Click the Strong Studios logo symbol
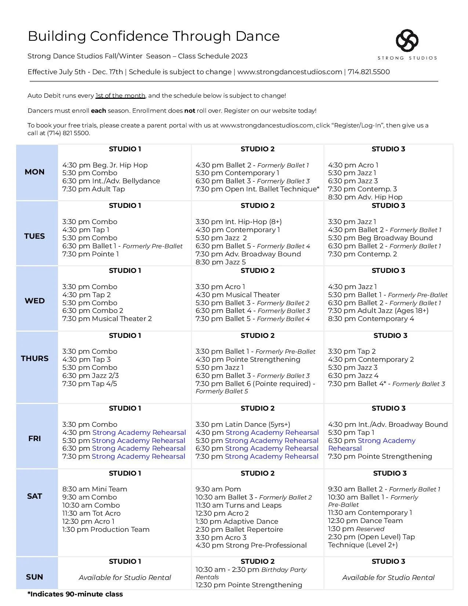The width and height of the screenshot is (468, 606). [407, 40]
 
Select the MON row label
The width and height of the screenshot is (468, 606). [35, 172]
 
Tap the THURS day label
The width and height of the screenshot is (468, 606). [35, 358]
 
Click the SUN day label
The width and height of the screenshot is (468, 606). [35, 577]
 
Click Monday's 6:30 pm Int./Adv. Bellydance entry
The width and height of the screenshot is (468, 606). [111, 181]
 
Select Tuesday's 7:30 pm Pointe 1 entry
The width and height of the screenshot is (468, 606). [91, 254]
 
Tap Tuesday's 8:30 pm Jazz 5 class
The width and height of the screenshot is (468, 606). [221, 262]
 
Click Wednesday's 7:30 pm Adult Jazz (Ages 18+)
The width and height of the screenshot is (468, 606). [378, 311]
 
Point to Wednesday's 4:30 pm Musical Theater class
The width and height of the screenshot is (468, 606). [237, 295]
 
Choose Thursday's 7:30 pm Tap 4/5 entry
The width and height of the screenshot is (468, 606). [90, 384]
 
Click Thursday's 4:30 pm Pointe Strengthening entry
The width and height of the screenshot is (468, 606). [248, 360]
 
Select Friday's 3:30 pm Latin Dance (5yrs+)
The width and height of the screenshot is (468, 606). [243, 425]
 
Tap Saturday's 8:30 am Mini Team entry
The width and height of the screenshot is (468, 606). [95, 489]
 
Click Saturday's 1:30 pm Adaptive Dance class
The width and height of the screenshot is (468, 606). [237, 522]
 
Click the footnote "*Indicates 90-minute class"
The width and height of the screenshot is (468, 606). [75, 594]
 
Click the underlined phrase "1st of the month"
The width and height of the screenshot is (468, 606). [120, 96]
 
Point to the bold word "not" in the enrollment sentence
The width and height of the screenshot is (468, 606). [189, 111]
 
